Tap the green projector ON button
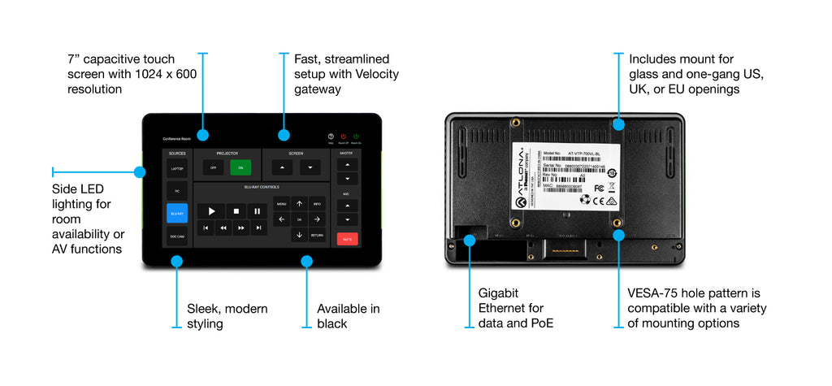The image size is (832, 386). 240,167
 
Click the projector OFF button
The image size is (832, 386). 213,167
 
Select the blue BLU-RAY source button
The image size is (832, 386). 177,213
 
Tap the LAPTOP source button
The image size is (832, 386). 177,168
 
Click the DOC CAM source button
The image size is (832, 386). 177,236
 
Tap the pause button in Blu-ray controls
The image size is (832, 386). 257,211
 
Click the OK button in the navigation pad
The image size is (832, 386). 299,219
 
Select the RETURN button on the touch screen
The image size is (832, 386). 317,236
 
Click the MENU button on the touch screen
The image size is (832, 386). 281,204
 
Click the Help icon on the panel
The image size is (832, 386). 331,137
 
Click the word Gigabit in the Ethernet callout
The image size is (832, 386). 498,292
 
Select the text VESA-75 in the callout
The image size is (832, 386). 657,292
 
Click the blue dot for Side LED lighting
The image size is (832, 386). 139,172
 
